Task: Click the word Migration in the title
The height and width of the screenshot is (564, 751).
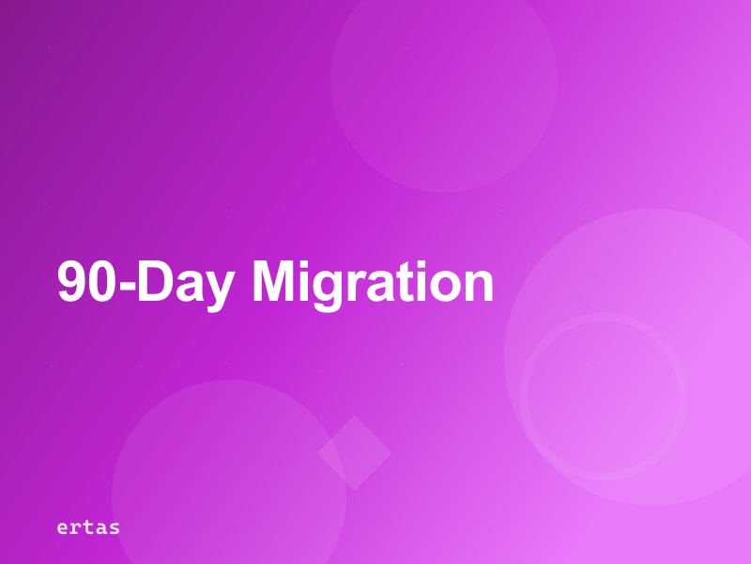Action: (374, 282)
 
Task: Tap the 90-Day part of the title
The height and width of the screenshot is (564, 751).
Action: (142, 282)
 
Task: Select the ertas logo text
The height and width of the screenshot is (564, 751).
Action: (88, 526)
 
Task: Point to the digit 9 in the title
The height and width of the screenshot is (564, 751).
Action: (72, 282)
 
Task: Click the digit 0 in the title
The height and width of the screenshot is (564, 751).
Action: (102, 282)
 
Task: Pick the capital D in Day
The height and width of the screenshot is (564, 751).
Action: (154, 282)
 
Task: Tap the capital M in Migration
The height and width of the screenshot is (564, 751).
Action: (274, 282)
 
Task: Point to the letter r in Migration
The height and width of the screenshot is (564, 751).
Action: (352, 286)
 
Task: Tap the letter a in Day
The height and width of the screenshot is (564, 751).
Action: (187, 286)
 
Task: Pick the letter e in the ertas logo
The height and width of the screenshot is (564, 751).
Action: (62, 527)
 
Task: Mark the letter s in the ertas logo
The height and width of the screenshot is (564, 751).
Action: (114, 527)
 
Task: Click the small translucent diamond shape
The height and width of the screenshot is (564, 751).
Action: (354, 452)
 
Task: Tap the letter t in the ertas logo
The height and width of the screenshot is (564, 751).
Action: (88, 526)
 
